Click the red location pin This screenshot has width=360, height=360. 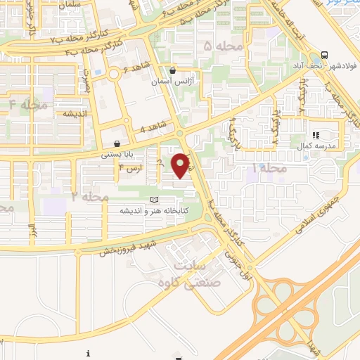click(x=181, y=165)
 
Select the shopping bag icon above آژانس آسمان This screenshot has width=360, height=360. click(x=173, y=70)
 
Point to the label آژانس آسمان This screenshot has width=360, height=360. click(x=173, y=82)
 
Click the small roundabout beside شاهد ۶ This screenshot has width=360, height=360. click(x=113, y=74)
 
